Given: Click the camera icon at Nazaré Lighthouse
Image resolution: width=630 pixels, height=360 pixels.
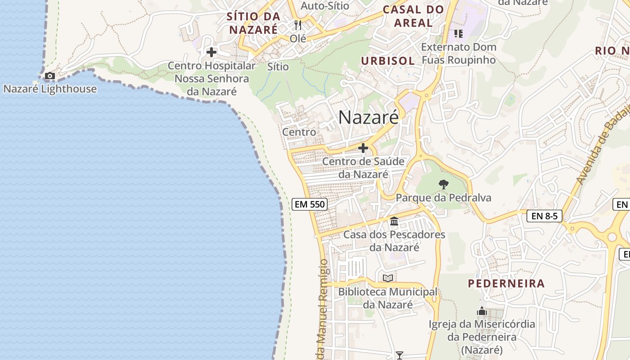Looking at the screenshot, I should pos(50,76).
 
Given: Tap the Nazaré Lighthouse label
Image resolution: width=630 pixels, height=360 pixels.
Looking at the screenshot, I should pos(50,89).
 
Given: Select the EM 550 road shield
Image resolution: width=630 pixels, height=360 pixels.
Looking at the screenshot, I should pos(309,204).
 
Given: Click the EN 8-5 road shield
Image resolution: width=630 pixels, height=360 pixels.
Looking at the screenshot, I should pos(544,216).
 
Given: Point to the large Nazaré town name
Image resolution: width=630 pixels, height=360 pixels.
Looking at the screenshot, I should pos(368,117).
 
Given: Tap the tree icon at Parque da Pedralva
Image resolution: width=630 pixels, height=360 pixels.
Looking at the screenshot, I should pos(444,184).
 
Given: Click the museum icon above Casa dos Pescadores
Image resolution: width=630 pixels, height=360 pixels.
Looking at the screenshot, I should pos(394,221).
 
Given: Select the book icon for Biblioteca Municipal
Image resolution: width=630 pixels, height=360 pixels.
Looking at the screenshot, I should pos(388,279).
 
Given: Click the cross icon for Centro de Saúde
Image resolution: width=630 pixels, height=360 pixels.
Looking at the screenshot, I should pos(363,148).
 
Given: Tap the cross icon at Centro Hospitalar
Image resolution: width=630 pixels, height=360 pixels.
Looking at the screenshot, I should pos(211,52).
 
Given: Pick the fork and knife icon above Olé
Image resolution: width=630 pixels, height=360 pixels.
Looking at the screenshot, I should pos(297,25).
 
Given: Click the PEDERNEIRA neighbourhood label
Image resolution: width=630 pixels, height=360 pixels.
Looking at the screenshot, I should pos(506,283).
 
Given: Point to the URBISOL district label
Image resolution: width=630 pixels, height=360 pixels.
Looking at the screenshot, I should pos(388,61).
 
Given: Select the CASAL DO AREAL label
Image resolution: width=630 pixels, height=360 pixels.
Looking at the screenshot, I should pos(413,16).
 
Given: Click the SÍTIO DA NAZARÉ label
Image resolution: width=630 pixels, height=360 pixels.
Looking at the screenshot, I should pos(254,23).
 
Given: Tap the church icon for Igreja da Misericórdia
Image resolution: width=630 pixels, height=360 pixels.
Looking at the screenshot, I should pos(482,311).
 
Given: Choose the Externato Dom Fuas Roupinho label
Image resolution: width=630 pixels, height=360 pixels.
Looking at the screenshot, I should pos(459,53).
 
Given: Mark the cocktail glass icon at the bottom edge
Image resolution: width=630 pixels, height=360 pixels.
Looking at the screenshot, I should pos(399,355).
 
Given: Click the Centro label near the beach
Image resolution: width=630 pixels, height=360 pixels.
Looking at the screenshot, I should pos(299,132).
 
